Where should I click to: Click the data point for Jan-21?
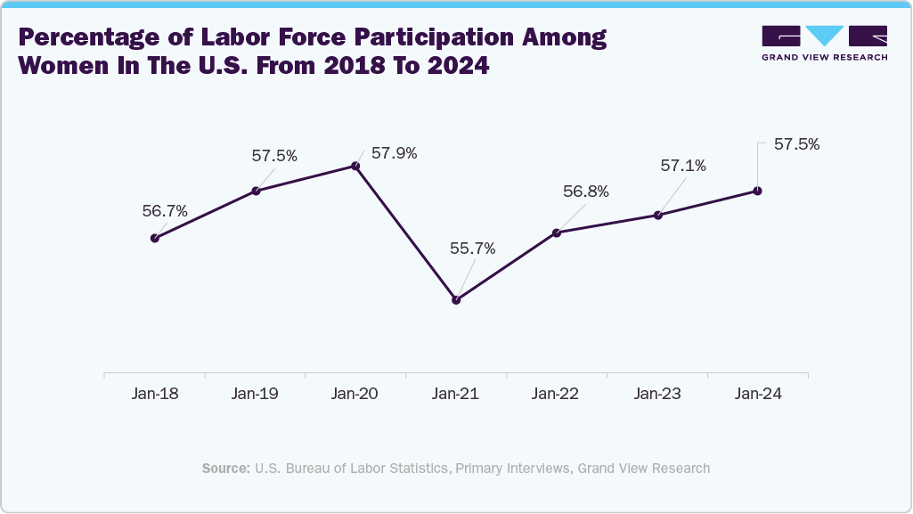(x=456, y=300)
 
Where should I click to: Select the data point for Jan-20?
(x=355, y=166)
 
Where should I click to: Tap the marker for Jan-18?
(x=155, y=238)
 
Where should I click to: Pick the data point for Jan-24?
(x=758, y=190)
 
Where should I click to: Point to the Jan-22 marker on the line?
(x=557, y=233)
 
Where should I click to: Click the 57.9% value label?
(x=394, y=153)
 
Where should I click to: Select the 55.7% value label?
(x=472, y=249)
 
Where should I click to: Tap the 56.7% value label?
(x=165, y=211)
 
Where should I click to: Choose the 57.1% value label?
(x=683, y=166)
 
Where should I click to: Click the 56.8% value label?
(x=586, y=192)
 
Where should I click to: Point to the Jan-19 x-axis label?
(x=255, y=394)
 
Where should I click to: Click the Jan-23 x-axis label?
(x=657, y=394)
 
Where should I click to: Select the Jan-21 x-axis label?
(x=456, y=394)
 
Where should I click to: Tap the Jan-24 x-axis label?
(x=758, y=394)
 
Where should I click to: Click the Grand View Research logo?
(x=825, y=43)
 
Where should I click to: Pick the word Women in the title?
(x=68, y=66)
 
